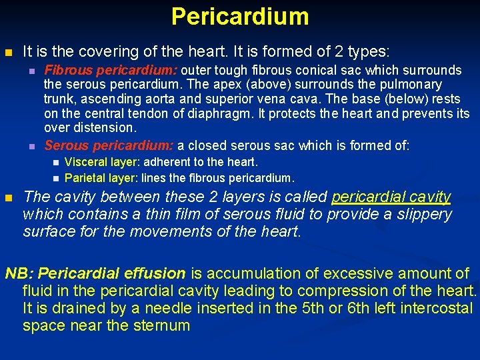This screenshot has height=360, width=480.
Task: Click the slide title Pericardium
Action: point(240,16)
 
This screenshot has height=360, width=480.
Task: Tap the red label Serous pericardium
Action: point(109,145)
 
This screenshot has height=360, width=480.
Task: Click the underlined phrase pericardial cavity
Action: point(391,197)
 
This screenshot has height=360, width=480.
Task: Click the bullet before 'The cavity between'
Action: point(8,198)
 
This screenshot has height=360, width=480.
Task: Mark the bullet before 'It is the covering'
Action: point(8,51)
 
